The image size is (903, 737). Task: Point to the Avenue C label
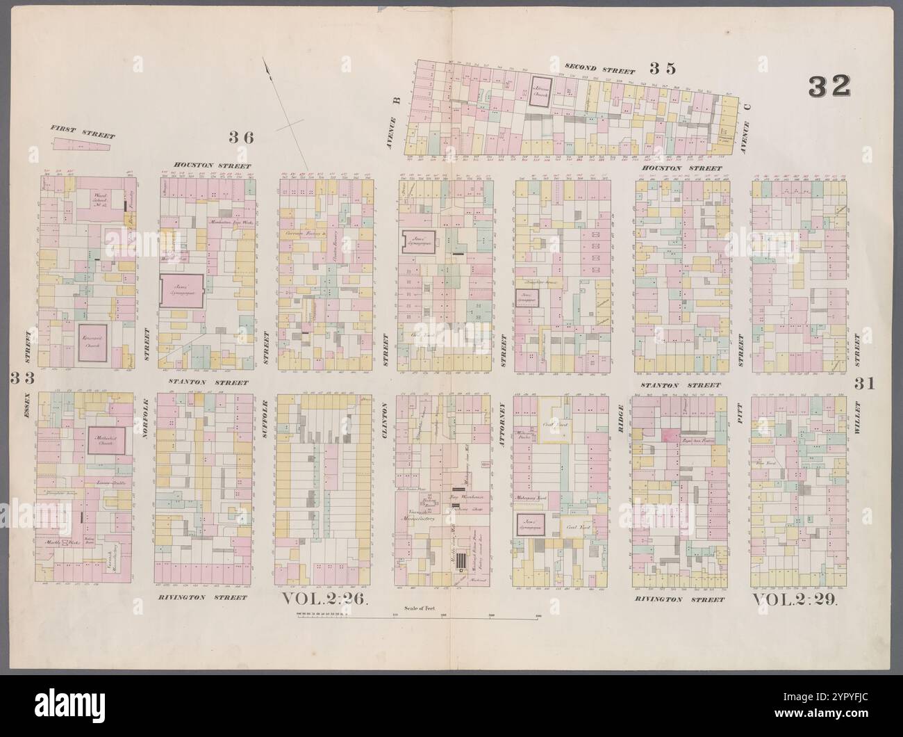(x=747, y=118)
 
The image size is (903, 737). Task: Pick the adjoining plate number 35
(x=663, y=68)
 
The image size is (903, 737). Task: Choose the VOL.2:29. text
(x=796, y=599)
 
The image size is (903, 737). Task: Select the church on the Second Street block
(x=541, y=91)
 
